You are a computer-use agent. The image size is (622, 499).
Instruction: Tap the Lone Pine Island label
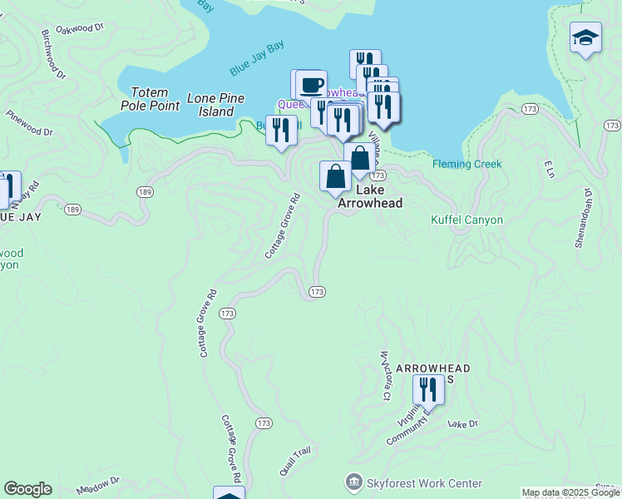point(215,105)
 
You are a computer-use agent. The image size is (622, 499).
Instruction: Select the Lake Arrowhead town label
point(370,196)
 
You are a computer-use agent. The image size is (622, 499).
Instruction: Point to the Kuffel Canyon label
point(466,220)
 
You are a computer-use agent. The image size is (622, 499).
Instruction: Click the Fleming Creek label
point(466,164)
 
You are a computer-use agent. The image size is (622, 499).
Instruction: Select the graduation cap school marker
point(585,37)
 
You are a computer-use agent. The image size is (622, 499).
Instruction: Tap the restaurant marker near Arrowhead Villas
point(428,388)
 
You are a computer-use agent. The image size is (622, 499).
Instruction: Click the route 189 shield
point(146,192)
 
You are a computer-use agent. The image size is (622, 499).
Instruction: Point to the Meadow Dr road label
point(97,486)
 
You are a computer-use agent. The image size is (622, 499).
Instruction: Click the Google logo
point(27,489)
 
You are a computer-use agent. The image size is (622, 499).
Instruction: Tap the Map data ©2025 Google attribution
point(570,493)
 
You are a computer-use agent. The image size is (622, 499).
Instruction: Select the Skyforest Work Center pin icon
point(355,482)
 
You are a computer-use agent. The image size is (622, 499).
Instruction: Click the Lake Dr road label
point(463,424)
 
